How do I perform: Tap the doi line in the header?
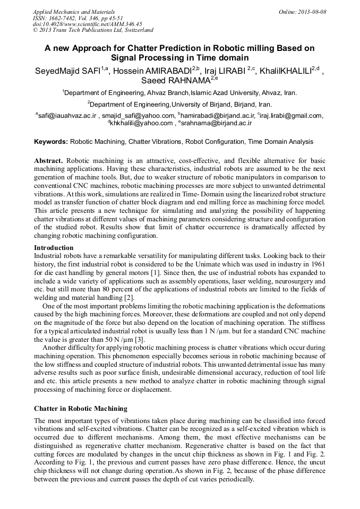[88, 24]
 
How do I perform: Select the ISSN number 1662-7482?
[66, 18]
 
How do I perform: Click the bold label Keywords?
[51, 142]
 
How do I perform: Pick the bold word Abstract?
[48, 160]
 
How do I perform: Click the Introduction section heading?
[54, 247]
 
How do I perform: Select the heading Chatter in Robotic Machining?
[81, 408]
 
